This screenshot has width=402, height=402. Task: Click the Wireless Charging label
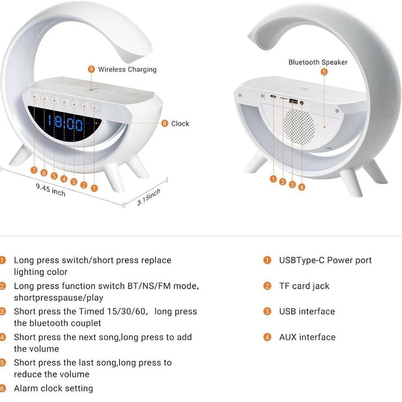point(127,69)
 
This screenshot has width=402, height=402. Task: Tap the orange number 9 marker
point(91,69)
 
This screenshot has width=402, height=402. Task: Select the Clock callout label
point(180,124)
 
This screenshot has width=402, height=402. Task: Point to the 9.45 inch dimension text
point(51,189)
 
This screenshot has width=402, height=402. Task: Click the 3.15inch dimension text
point(149,197)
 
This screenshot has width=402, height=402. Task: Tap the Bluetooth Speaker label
point(318,62)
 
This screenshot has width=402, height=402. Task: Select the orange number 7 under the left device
point(34,170)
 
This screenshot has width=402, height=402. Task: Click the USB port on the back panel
point(293,100)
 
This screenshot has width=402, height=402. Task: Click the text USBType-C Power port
point(325,260)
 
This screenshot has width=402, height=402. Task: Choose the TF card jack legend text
point(304,286)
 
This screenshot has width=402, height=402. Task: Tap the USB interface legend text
point(307,311)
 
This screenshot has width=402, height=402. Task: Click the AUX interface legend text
point(307,337)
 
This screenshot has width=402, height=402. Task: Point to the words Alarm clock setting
point(53,388)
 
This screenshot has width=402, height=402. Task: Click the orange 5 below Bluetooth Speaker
point(324,71)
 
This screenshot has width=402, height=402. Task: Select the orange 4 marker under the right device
point(302,187)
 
